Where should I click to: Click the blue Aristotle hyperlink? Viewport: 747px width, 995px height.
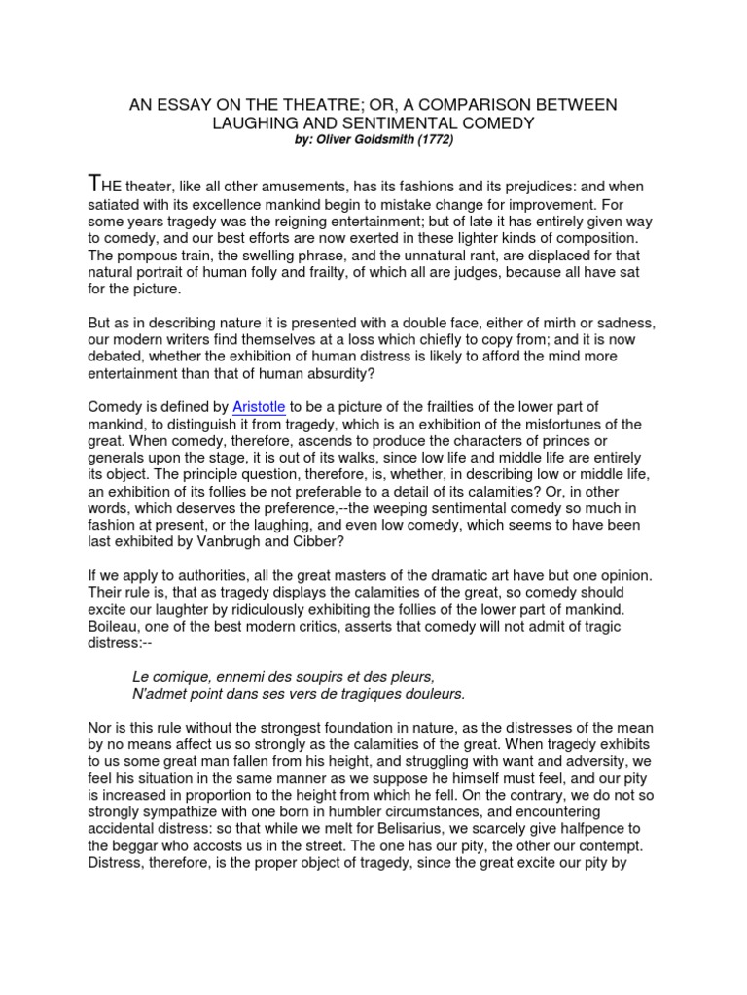259,406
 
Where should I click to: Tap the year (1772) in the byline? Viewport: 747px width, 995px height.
433,139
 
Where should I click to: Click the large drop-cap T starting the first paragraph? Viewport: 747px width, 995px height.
93,184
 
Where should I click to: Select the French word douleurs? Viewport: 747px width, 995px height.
433,693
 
